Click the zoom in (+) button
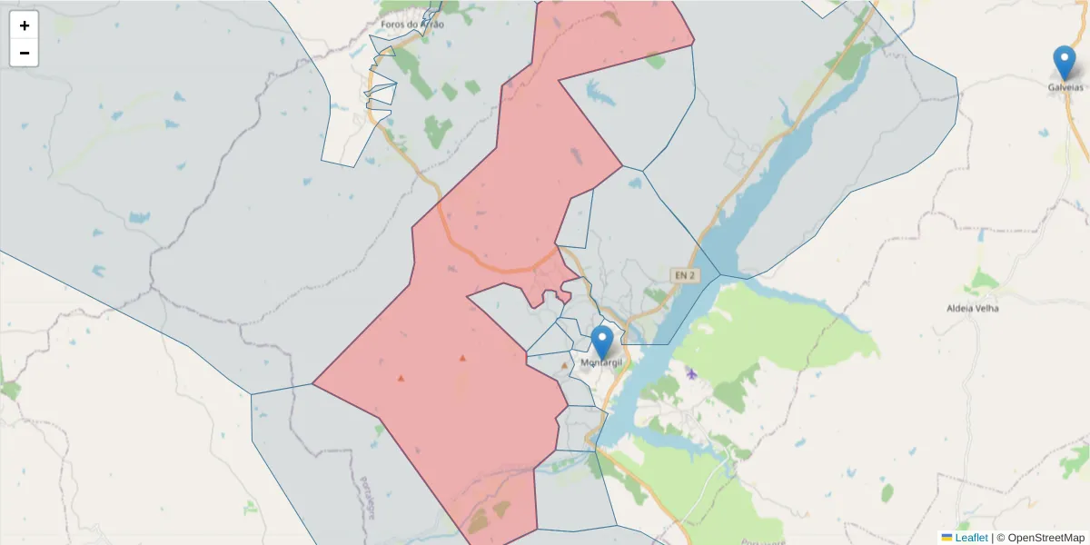point(25,25)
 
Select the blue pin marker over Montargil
point(601,342)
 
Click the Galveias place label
point(1065,87)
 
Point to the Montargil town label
point(602,363)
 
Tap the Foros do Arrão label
point(413,25)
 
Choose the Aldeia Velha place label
point(972,308)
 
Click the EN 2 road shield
point(685,274)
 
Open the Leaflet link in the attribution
point(971,538)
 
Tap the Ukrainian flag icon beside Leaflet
point(947,538)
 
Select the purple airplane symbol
point(692,373)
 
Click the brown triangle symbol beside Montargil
point(564,365)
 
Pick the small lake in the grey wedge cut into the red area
point(600,91)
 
